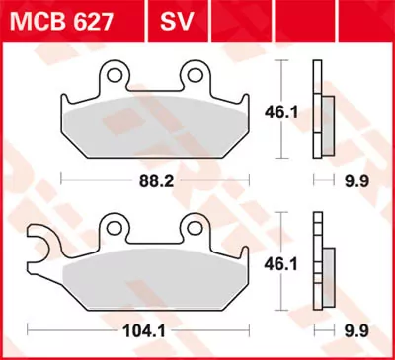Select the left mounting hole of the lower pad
(x=116, y=226)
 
